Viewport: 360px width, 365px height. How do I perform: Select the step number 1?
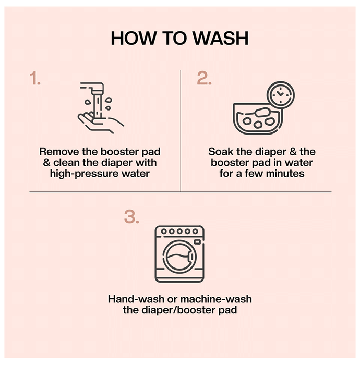pyautogui.click(x=35, y=78)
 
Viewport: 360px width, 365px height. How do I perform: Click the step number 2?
pyautogui.click(x=204, y=78)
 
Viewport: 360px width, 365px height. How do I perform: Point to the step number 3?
pyautogui.click(x=131, y=217)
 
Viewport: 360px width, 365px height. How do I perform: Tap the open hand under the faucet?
pyautogui.click(x=101, y=123)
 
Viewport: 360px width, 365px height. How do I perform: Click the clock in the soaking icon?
pyautogui.click(x=281, y=95)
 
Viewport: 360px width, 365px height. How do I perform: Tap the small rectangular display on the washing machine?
pyautogui.click(x=197, y=242)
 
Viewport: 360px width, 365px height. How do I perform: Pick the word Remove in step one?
pyautogui.click(x=59, y=152)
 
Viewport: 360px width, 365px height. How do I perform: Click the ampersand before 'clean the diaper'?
pyautogui.click(x=46, y=163)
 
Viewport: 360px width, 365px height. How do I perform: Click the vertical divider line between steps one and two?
pyautogui.click(x=181, y=131)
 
